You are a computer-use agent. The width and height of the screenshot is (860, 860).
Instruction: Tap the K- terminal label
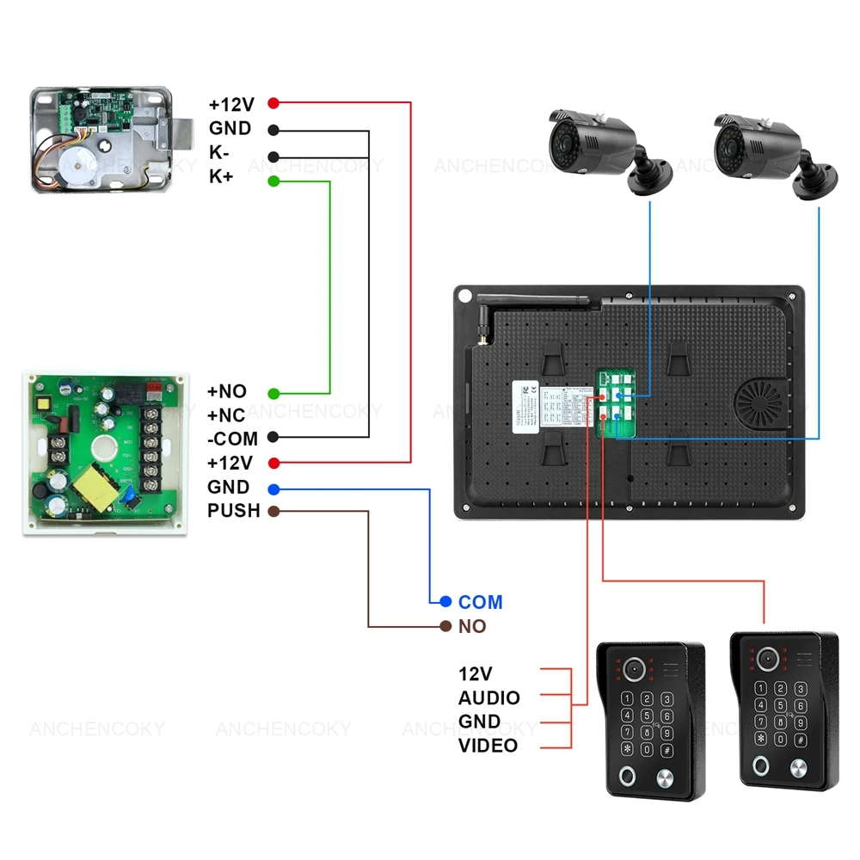219,153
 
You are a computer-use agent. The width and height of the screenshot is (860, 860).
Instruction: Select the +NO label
227,391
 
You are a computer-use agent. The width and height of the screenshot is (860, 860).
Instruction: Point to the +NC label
227,415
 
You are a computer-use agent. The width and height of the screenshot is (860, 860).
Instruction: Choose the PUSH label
233,511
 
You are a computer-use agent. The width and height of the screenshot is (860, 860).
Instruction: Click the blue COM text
480,602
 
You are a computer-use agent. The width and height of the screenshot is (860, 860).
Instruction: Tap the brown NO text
472,626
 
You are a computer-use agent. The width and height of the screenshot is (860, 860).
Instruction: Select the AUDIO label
488,697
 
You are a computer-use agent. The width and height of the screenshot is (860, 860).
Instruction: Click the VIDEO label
488,745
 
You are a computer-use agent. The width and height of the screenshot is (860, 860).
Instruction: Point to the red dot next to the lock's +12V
273,103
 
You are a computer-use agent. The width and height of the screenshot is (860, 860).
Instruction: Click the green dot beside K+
273,181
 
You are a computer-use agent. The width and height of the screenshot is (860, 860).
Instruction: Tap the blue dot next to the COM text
445,602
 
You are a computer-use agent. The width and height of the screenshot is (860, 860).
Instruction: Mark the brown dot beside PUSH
273,511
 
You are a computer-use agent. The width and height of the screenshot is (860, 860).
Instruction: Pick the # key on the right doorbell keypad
800,740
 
